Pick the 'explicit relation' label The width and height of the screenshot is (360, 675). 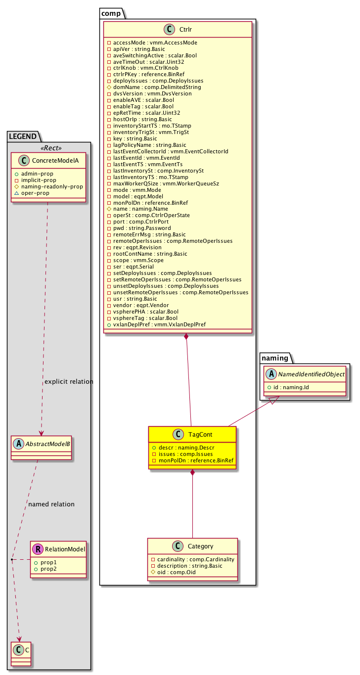coord(69,382)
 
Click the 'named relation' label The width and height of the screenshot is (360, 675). coord(51,504)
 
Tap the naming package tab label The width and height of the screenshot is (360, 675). coord(274,358)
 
